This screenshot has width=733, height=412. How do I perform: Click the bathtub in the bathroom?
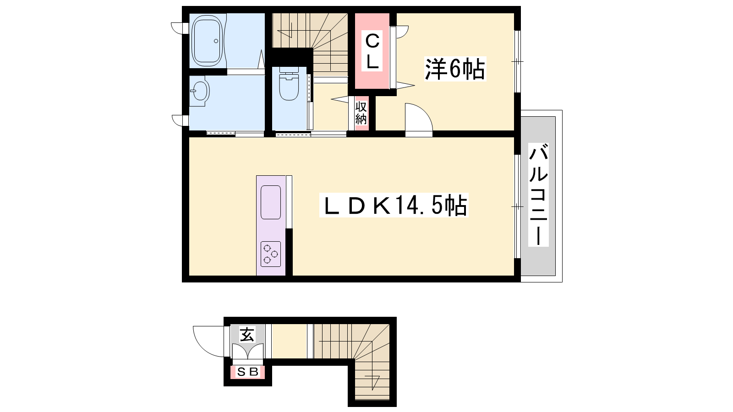[x=208, y=41]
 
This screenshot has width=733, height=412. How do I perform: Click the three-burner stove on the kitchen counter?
[x=271, y=254]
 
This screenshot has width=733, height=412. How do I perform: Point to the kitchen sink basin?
[x=271, y=202]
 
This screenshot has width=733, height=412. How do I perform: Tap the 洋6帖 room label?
[x=455, y=69]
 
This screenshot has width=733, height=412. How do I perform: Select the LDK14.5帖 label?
[x=394, y=205]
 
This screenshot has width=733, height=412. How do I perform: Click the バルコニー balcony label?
[x=538, y=195]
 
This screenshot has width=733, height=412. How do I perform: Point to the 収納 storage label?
[x=361, y=113]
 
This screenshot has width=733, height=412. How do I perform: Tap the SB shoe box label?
[x=248, y=372]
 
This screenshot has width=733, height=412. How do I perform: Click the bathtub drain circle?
[x=216, y=41]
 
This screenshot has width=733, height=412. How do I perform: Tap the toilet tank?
[x=289, y=70]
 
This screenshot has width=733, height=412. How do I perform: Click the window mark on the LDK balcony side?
[x=517, y=206]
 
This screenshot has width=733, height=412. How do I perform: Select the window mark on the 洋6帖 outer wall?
[x=517, y=61]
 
